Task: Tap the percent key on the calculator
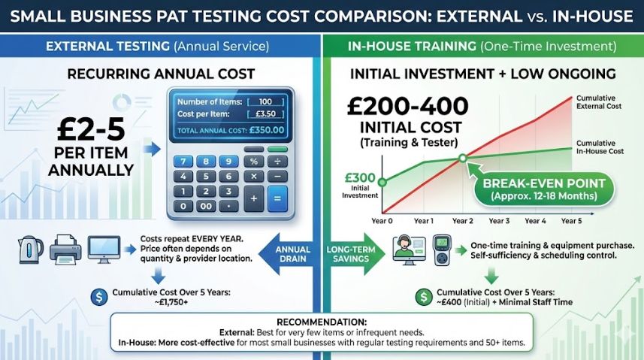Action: [x=253, y=161]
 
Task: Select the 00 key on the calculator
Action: [x=205, y=204]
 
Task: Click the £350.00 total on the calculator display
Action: [x=266, y=131]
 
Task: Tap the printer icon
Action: [x=65, y=249]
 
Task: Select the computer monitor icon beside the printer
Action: [x=104, y=248]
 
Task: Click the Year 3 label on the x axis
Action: [x=499, y=221]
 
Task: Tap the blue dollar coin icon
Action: [x=98, y=295]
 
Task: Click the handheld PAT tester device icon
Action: [x=443, y=251]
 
